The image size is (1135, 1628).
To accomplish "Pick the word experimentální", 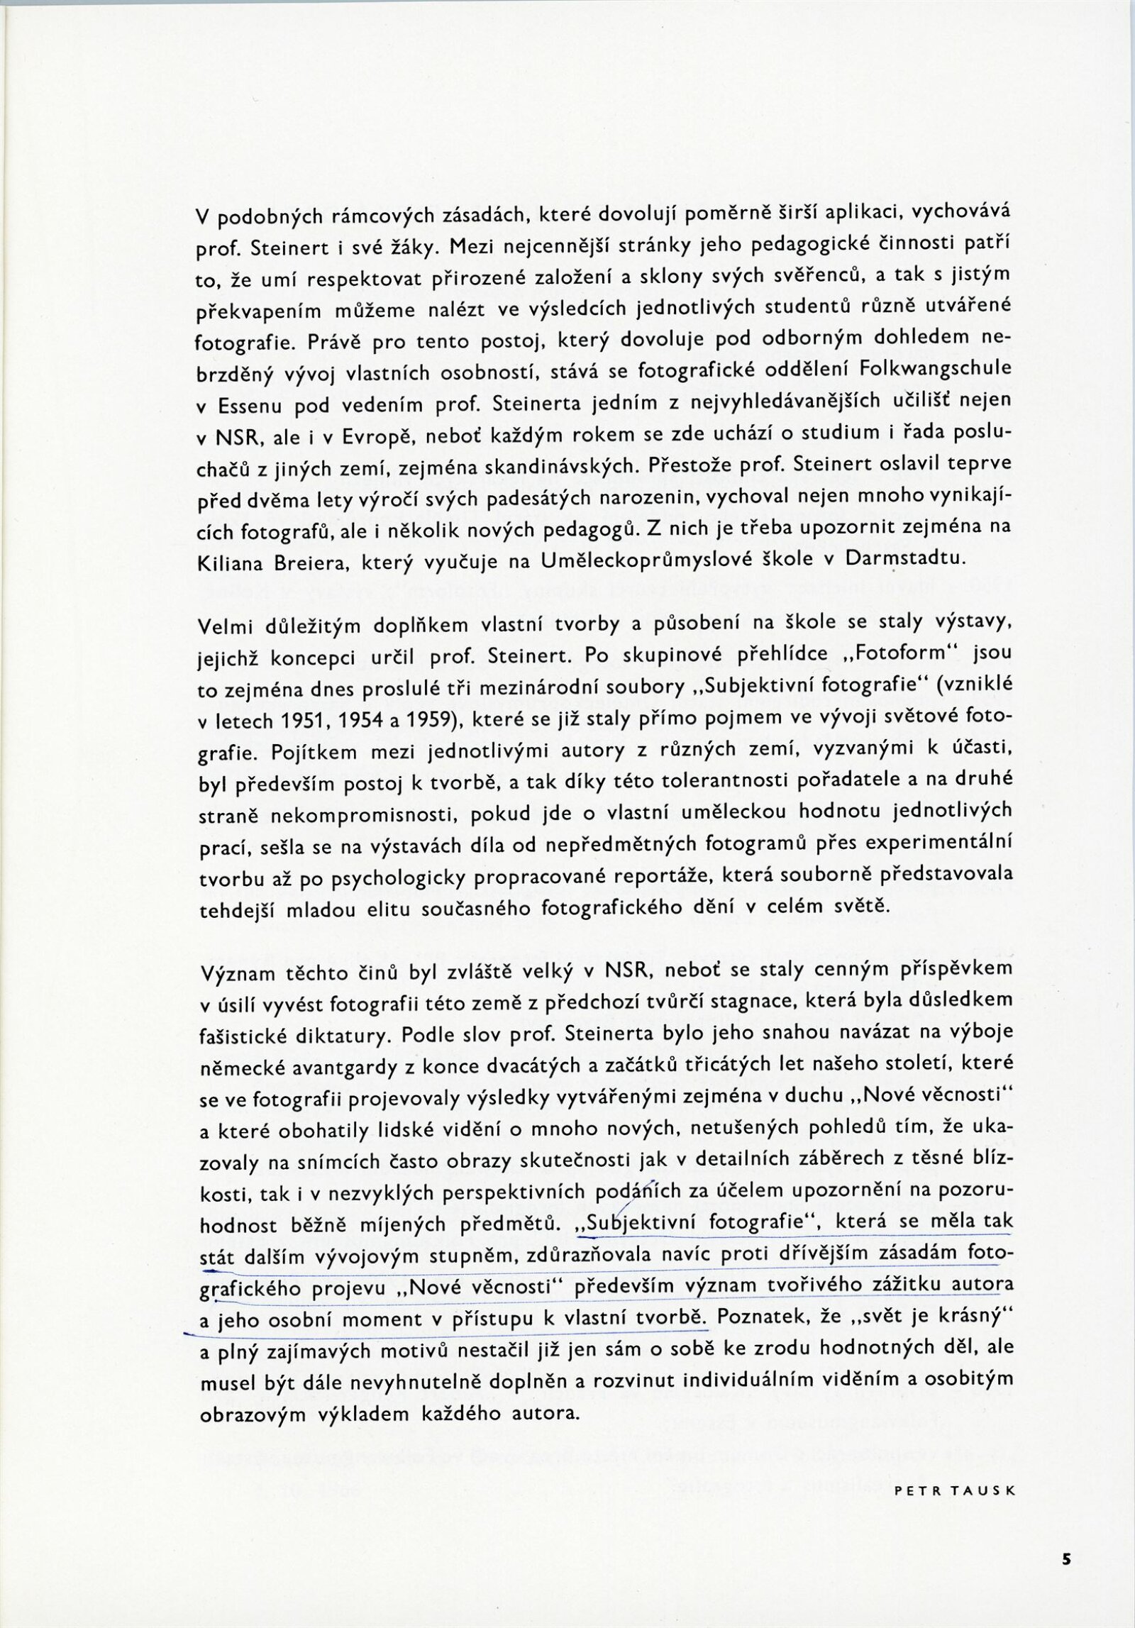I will point(941,844).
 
